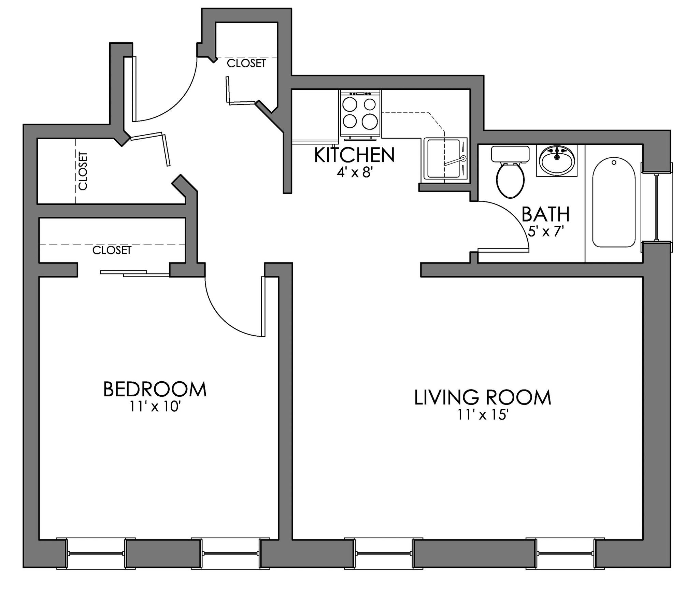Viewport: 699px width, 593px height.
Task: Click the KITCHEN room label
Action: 354,155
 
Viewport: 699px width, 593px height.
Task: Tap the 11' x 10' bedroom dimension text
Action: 154,407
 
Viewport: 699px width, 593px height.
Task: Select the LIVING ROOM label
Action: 483,397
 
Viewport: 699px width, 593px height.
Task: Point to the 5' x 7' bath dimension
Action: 545,232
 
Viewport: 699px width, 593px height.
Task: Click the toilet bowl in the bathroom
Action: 510,180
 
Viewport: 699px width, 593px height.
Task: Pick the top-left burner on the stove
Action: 350,104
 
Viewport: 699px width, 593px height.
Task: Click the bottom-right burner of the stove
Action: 371,121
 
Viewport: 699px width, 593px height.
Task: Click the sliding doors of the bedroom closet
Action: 135,273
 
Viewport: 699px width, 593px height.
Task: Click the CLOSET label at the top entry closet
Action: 246,63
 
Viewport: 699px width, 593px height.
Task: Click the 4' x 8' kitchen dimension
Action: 354,173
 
